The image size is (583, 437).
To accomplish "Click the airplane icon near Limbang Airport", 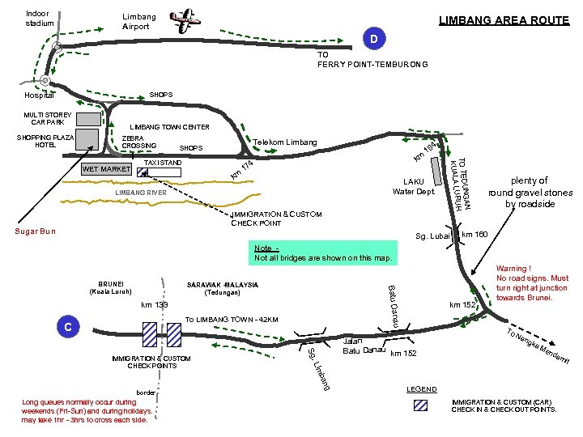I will (187, 21).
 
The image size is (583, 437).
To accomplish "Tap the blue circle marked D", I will (374, 40).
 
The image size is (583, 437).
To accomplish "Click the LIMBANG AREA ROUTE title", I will (504, 20).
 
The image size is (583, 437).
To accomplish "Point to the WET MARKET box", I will (105, 170).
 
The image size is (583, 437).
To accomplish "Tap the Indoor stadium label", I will (38, 18).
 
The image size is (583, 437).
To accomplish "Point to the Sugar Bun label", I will (36, 231).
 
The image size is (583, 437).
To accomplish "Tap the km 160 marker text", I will (474, 235).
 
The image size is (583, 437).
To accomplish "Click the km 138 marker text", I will (154, 305).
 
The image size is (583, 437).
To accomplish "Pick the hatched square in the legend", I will (420, 405).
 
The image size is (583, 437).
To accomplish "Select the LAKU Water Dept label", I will (413, 186).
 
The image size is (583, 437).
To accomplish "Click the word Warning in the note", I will (513, 269).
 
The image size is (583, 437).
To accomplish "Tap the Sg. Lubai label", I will (432, 236).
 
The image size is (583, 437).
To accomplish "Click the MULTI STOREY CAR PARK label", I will (48, 118).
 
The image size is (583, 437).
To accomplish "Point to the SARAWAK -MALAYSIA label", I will (223, 285).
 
